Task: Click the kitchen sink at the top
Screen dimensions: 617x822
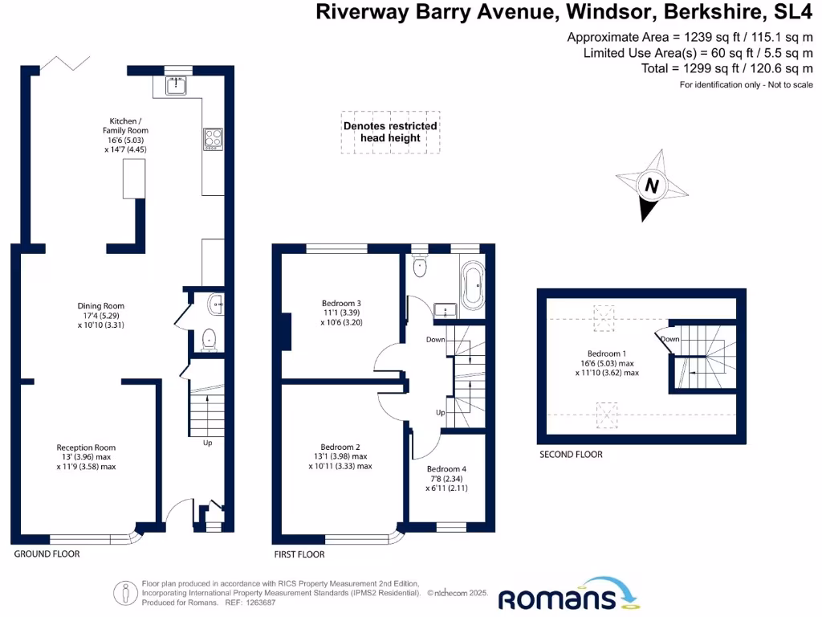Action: point(177,85)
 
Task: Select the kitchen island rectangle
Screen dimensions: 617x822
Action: point(133,178)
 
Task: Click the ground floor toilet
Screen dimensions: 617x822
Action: point(210,340)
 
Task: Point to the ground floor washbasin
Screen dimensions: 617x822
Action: point(215,304)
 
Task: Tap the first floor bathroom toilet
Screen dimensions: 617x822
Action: point(421,266)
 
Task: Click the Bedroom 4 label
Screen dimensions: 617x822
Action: point(446,474)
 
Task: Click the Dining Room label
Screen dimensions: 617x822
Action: point(100,311)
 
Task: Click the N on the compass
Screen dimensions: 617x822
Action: point(653,186)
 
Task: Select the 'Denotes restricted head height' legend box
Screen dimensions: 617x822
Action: point(390,132)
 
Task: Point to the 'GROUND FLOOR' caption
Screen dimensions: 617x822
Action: point(47,554)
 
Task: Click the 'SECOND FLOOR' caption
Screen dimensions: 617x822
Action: point(570,455)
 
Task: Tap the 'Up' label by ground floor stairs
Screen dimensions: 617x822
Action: point(207,443)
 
